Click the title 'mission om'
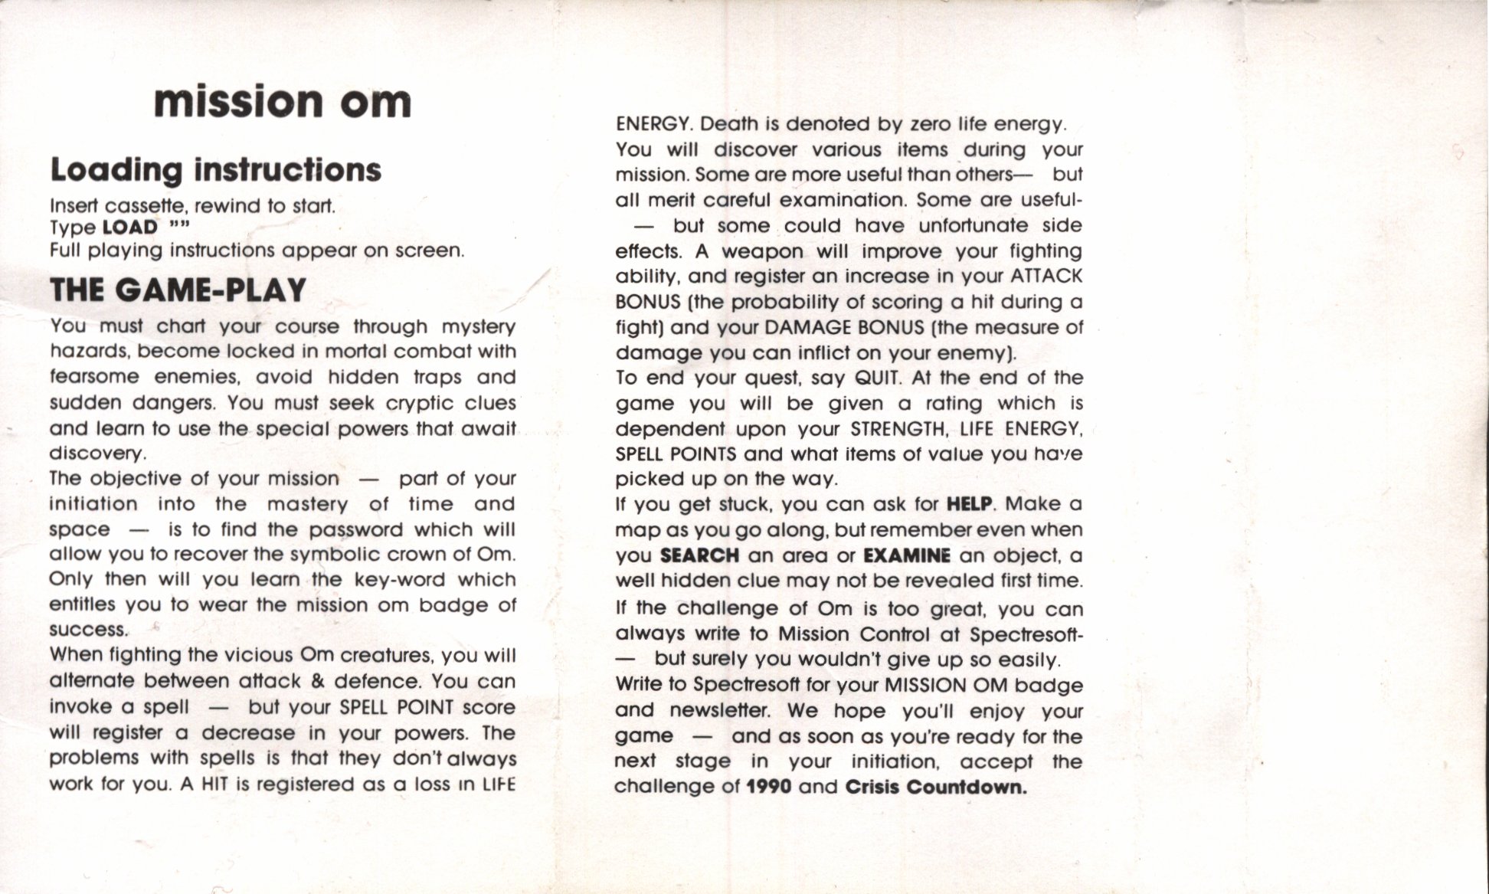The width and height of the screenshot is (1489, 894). (x=282, y=103)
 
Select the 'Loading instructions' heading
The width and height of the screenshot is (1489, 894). (x=215, y=170)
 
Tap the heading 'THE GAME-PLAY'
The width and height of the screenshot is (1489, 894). (x=178, y=290)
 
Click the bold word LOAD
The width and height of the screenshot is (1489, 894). (x=129, y=228)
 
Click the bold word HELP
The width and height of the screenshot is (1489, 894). (x=969, y=504)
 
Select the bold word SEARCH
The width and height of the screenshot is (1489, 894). (x=699, y=555)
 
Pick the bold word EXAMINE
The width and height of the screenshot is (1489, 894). (x=906, y=555)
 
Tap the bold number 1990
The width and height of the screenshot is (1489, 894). (x=768, y=788)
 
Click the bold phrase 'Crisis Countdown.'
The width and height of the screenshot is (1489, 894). (x=936, y=788)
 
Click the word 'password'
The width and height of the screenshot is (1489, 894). (x=356, y=530)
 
